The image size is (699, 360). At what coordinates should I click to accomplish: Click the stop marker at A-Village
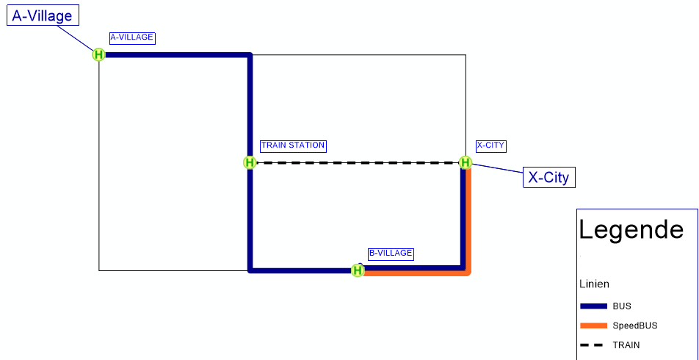pos(98,54)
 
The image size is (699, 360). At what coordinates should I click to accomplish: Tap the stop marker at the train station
pos(250,162)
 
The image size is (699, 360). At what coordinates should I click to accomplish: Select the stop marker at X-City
pos(465,162)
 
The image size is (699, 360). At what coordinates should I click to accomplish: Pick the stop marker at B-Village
pos(358,270)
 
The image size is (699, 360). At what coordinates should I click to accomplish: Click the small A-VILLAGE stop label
pos(132,37)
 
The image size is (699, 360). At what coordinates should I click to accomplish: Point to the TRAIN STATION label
pos(293,145)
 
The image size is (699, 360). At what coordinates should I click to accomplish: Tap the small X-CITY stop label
pos(490,145)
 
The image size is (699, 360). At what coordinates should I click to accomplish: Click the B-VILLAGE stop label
pos(391,253)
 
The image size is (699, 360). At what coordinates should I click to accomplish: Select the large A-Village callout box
pos(42,15)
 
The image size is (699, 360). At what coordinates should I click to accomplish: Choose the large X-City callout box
pos(548,177)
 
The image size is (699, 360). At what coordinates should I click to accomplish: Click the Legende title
pos(631,230)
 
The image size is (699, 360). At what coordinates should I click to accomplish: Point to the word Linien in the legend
pos(594,284)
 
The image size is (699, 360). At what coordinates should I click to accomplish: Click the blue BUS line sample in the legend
pos(593,306)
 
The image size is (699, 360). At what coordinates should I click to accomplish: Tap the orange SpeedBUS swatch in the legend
pos(593,325)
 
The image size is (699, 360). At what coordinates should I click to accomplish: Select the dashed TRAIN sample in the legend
pos(593,345)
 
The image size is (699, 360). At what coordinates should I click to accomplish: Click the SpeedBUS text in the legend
pos(635,325)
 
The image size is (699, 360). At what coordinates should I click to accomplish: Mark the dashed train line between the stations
pos(358,162)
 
